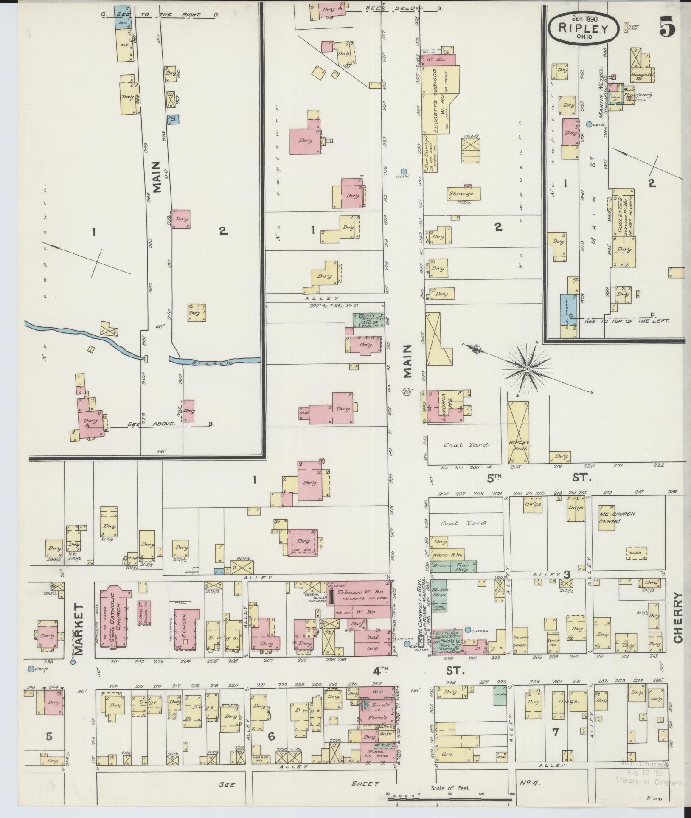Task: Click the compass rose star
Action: point(527,369)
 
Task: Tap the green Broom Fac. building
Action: point(453,566)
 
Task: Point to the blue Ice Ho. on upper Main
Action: point(173,119)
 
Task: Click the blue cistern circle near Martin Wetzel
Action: point(589,124)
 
